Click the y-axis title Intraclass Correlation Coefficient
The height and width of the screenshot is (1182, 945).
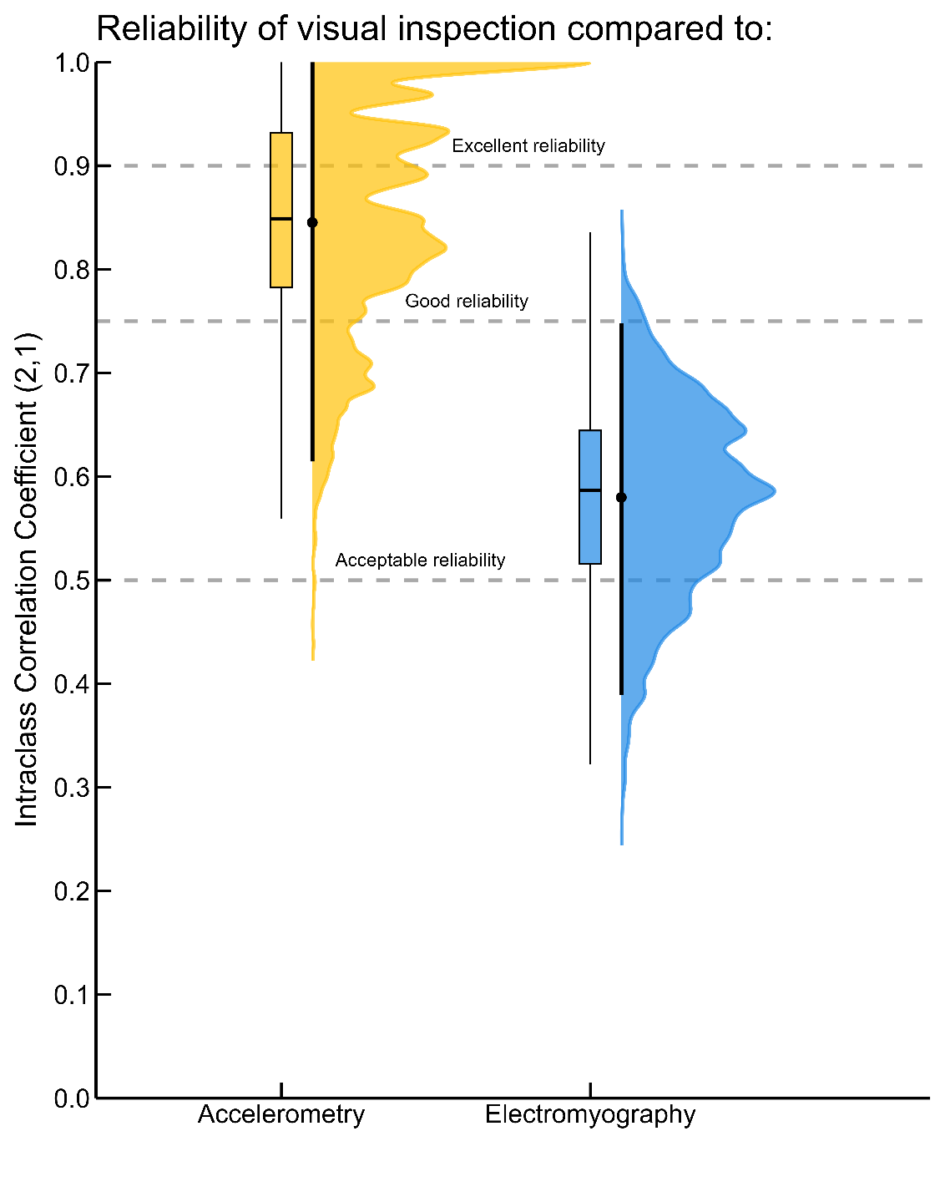27,580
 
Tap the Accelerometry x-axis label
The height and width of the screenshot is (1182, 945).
281,1115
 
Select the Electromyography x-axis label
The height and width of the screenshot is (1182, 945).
590,1115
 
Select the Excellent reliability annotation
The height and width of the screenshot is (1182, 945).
528,146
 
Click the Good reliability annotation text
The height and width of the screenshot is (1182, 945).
467,302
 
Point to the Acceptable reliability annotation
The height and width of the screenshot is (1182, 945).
420,561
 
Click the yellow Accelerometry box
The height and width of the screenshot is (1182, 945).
281,251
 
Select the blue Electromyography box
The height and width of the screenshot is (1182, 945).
590,526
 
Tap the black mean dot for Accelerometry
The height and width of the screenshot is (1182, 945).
312,222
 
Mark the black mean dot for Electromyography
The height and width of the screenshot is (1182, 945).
621,498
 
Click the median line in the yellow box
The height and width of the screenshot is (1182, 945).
281,219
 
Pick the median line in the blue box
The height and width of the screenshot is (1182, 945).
590,490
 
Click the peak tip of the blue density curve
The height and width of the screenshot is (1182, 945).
774,490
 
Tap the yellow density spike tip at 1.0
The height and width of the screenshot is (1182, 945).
588,63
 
